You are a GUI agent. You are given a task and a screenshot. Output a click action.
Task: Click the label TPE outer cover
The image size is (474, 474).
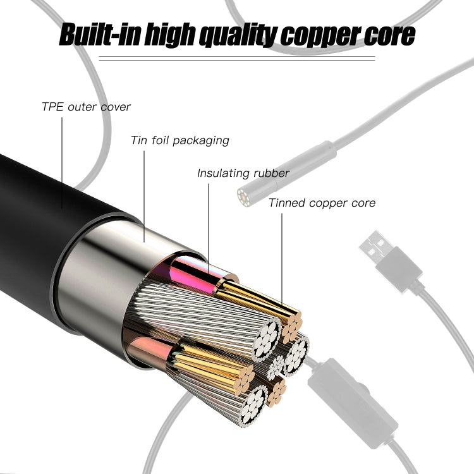coord(86,106)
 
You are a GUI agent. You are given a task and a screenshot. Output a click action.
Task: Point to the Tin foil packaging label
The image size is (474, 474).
coord(179,140)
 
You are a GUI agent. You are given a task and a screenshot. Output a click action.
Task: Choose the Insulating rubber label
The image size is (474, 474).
coord(243,173)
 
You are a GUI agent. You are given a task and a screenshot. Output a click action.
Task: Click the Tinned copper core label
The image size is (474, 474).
coord(322,203)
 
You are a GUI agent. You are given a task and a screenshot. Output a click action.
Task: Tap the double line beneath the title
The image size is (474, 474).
coord(236,59)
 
